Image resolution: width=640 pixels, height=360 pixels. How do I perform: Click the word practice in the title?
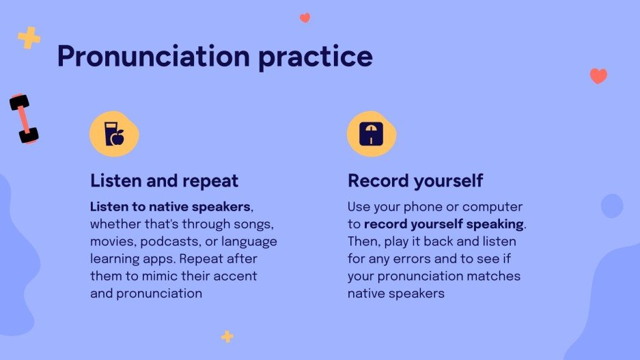point(316,57)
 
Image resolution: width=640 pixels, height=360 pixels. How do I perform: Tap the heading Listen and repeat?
point(164,181)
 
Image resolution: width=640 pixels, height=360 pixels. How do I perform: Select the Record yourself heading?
point(415,181)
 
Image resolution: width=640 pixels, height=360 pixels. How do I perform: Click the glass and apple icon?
point(114,134)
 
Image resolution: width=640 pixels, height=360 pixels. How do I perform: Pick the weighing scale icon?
point(371,134)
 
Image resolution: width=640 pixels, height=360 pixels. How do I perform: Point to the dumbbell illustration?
point(24,119)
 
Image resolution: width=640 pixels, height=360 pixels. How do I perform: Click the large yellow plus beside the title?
point(29,38)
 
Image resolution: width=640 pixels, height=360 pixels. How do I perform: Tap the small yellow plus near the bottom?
point(227,337)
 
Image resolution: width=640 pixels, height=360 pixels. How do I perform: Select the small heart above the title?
point(305,18)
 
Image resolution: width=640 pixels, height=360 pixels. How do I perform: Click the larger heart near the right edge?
point(598,76)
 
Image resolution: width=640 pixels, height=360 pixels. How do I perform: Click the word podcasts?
point(171,242)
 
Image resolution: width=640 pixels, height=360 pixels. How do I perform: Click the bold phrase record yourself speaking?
point(444,225)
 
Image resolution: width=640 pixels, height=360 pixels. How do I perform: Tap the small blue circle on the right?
point(612,206)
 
